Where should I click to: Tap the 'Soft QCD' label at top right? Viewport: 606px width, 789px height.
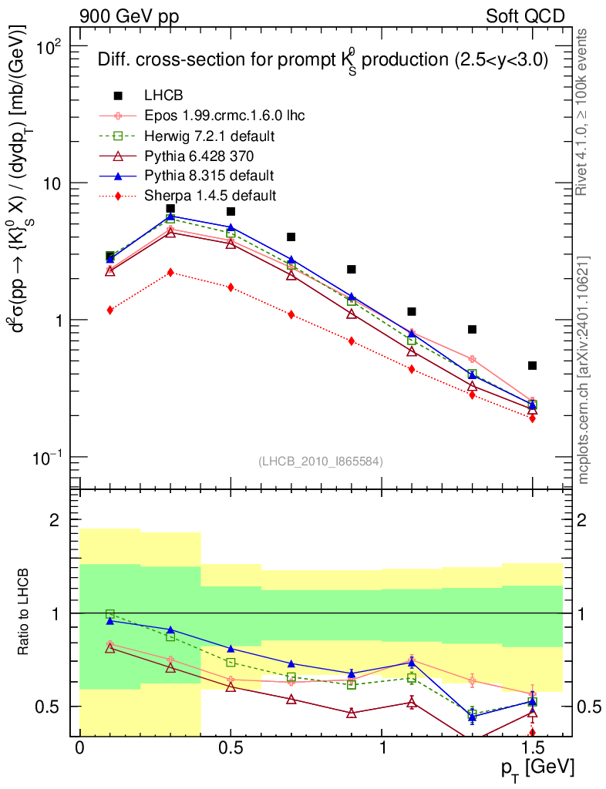tap(525, 15)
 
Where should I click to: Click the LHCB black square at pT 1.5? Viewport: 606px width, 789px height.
tap(532, 365)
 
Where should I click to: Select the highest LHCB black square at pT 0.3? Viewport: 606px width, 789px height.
tap(170, 209)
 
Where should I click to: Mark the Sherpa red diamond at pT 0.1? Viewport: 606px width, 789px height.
tap(110, 310)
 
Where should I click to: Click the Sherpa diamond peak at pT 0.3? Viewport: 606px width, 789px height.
tap(170, 272)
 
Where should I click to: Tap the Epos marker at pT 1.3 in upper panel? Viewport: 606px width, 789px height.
tap(472, 359)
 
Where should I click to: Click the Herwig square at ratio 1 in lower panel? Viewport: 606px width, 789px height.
tap(110, 614)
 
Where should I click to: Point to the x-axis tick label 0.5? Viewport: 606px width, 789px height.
tap(231, 749)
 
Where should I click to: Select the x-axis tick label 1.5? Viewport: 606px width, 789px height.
tap(532, 749)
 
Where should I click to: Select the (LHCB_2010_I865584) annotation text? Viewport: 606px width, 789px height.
tap(321, 461)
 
